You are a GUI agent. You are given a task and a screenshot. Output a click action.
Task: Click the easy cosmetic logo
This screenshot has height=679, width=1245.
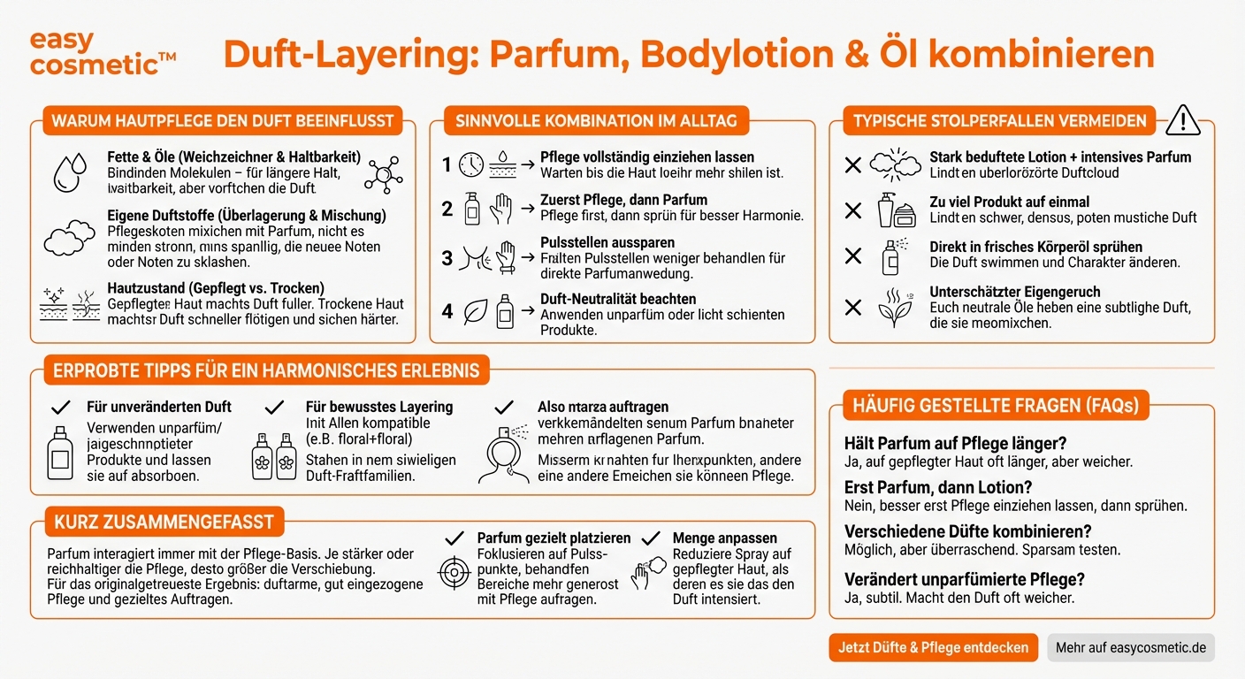(x=102, y=52)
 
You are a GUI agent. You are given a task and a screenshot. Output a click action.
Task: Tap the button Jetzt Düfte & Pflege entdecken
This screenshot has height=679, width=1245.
(x=933, y=647)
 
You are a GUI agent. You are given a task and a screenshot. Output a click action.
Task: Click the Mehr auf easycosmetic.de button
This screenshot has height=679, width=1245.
(x=1131, y=647)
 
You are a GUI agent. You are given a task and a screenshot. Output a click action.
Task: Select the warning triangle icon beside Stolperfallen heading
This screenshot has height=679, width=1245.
(x=1182, y=119)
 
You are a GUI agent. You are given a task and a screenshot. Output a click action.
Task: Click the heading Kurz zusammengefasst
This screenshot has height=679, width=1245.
(x=164, y=522)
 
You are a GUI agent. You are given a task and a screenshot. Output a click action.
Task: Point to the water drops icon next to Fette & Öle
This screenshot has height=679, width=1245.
(x=69, y=172)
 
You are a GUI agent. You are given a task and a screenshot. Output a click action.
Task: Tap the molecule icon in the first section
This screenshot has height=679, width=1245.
(x=383, y=172)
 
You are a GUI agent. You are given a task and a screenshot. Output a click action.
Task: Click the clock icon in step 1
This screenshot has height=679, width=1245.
(x=471, y=164)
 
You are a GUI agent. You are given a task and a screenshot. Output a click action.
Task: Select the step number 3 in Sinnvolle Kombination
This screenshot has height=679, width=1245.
(x=447, y=258)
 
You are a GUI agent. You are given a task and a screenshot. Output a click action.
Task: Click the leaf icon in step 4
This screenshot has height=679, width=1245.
(x=476, y=311)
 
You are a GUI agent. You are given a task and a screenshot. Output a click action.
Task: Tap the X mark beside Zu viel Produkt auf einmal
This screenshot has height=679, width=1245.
(x=852, y=210)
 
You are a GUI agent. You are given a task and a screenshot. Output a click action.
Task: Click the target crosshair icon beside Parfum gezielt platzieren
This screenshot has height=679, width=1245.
(x=454, y=573)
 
